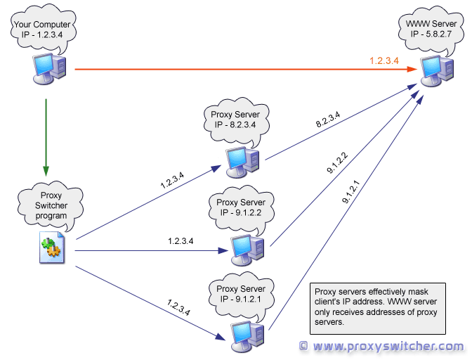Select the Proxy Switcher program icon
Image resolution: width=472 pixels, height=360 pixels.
click(51, 250)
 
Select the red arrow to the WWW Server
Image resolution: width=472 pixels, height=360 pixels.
click(239, 69)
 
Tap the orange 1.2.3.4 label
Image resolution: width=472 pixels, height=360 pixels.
click(384, 61)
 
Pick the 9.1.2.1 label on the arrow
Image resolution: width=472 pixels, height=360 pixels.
click(351, 191)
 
